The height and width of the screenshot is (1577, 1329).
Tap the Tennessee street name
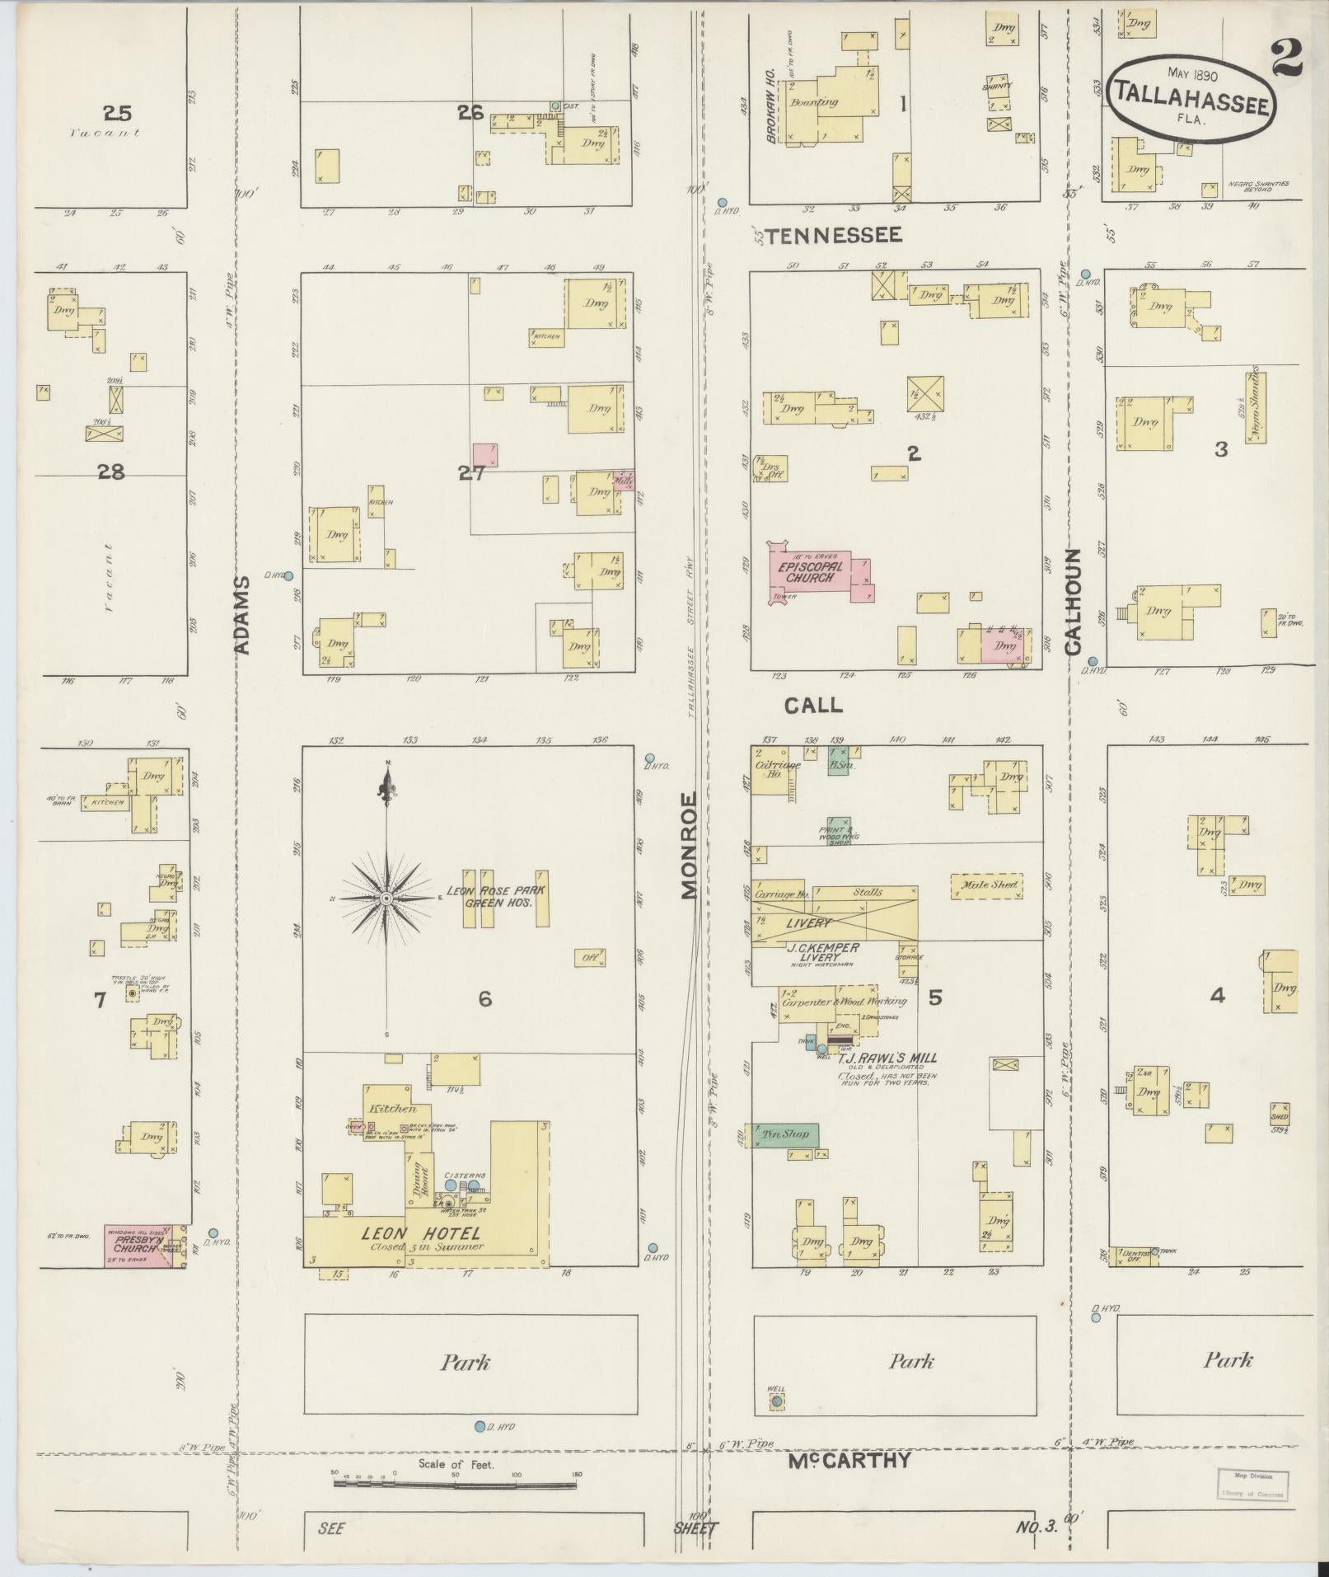point(834,236)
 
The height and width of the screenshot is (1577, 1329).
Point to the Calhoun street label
point(1072,601)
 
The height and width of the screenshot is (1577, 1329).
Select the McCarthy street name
point(849,1459)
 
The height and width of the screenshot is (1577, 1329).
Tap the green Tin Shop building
point(787,1134)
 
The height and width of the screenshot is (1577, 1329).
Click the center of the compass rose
point(386,897)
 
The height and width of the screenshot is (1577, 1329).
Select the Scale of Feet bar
point(455,1483)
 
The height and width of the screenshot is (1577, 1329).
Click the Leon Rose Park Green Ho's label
point(495,896)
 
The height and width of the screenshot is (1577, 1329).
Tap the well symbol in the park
point(776,1400)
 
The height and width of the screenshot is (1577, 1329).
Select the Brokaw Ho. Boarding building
point(826,105)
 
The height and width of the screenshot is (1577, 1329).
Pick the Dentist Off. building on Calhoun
point(1133,1256)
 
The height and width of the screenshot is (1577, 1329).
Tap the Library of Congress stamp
point(1252,1485)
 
